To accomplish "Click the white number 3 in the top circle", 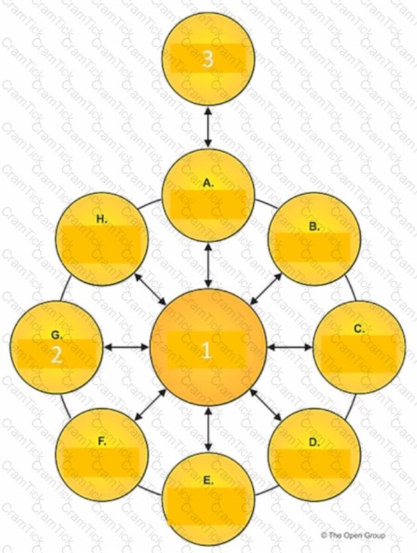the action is (208, 59).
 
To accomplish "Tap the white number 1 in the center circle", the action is (207, 351).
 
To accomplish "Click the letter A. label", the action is (208, 183).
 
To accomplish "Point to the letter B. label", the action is (314, 226).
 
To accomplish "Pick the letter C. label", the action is (359, 329).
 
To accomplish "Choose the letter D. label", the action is (314, 442).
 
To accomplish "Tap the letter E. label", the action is (208, 481).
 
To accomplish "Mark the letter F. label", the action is (102, 441).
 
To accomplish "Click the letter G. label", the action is (56, 335).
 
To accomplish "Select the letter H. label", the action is (102, 219).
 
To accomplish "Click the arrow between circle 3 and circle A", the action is (208, 127).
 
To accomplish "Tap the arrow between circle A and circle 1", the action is (208, 264).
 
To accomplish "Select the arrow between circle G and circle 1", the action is (127, 347).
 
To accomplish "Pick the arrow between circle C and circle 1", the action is (290, 347).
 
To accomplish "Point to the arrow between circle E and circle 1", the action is (208, 430).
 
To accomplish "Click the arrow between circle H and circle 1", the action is (151, 289).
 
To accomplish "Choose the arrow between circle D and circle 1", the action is (266, 405).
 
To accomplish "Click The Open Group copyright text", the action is (353, 535).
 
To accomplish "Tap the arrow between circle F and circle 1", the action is (151, 405).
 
